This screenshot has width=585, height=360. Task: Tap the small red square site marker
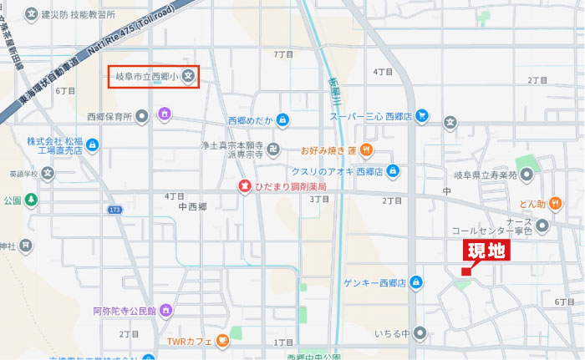(465, 271)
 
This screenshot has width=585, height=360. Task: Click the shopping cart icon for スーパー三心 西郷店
(423, 116)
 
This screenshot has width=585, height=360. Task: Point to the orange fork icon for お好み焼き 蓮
(367, 150)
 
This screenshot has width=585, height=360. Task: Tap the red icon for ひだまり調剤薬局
(245, 185)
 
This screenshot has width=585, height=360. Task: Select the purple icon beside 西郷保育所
(165, 114)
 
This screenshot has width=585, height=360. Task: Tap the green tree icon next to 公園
(31, 200)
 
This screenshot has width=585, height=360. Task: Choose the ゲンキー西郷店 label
(373, 283)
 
